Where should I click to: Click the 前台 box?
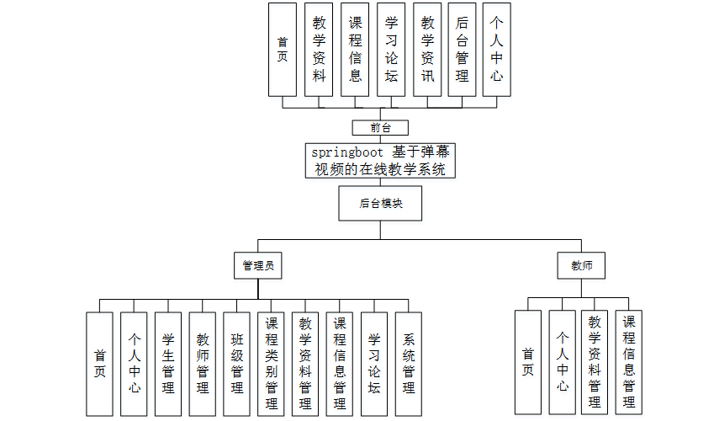coord(381,128)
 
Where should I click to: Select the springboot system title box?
coord(381,161)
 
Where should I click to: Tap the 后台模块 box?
coord(380,203)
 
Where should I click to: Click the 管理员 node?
coord(257,266)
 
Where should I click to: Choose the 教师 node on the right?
coord(582,266)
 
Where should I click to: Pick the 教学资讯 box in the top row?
coord(427,49)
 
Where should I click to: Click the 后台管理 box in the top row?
coord(462,49)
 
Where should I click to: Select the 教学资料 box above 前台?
coord(319,49)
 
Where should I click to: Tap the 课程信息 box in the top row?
coord(355,49)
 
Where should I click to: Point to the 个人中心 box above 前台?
coord(497,49)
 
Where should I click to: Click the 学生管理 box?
coord(168,364)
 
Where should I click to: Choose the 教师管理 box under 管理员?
coord(203,364)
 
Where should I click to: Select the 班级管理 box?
coord(237,364)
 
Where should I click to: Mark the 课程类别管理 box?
coord(272,364)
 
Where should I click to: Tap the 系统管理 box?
coord(409,364)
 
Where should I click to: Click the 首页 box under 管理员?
coord(99,364)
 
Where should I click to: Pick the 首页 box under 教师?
coord(527,362)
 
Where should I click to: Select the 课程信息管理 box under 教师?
coord(628,362)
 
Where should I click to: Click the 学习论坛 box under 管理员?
coord(374,364)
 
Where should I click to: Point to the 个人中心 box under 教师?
coord(562,362)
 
